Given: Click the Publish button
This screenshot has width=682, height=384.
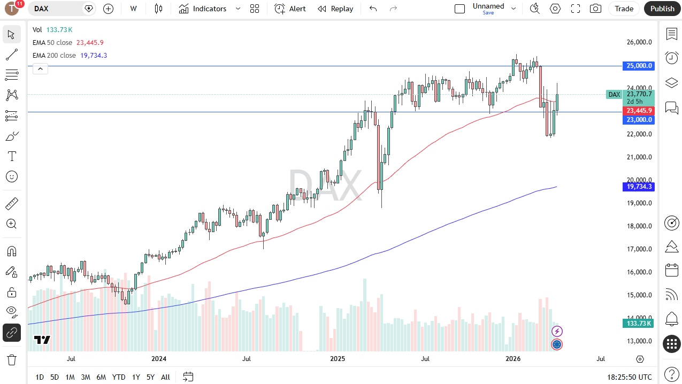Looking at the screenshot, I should coord(662,9).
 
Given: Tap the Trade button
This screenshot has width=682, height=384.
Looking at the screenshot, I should coord(624,9).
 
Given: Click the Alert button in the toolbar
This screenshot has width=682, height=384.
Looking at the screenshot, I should coord(290,9).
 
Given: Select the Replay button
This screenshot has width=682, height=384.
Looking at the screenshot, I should coord(335,9).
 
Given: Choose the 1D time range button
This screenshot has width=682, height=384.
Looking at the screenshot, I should coord(40,377).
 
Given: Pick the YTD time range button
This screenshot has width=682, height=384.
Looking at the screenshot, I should coord(118,377).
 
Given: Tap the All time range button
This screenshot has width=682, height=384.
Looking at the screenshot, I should coord(165,377).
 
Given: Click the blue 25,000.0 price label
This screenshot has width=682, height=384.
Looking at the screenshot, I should coord(639,66).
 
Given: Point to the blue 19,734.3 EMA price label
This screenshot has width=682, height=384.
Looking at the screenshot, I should coord(639,187).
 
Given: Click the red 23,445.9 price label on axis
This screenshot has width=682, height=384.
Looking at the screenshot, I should coord(639,111).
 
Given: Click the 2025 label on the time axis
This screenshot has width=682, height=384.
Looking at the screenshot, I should coord(338,359).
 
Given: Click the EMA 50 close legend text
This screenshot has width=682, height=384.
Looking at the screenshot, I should coord(52,43).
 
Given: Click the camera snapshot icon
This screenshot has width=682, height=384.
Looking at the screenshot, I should coord(595,9).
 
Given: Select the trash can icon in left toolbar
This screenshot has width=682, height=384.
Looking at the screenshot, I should coord(11,359).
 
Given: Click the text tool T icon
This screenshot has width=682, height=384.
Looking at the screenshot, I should coord(11,156).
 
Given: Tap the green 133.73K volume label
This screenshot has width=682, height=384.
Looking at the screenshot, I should coord(639,323).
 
